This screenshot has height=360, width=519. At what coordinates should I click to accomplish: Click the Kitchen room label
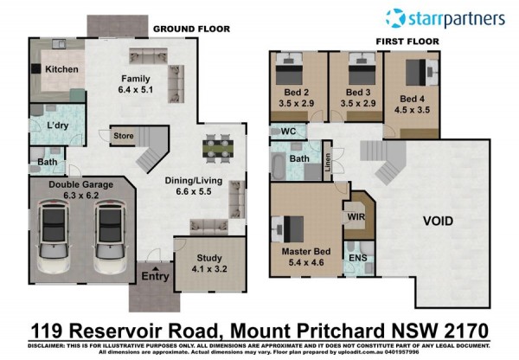click(x=61, y=69)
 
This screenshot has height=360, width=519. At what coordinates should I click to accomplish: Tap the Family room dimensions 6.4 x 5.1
click(x=136, y=89)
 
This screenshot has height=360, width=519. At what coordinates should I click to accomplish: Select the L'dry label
click(x=58, y=125)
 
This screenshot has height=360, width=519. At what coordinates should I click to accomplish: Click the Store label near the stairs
click(x=124, y=136)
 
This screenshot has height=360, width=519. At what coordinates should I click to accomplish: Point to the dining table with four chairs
click(x=218, y=148)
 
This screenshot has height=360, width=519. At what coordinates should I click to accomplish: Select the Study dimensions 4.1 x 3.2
click(x=209, y=268)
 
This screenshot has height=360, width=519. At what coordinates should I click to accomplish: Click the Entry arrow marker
click(x=156, y=268)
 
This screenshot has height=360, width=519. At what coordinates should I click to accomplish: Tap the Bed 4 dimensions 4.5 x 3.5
click(x=412, y=110)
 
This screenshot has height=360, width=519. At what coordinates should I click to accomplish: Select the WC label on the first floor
click(x=288, y=132)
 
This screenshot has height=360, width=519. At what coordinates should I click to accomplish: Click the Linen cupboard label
click(x=327, y=162)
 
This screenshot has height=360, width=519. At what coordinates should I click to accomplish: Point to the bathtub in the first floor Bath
click(x=278, y=165)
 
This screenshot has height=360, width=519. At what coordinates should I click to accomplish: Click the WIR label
click(x=356, y=217)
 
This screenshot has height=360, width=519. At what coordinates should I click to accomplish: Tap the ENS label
click(x=358, y=258)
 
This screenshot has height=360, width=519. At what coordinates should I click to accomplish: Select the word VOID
click(x=438, y=221)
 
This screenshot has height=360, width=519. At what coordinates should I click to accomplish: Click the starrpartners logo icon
click(x=395, y=18)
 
